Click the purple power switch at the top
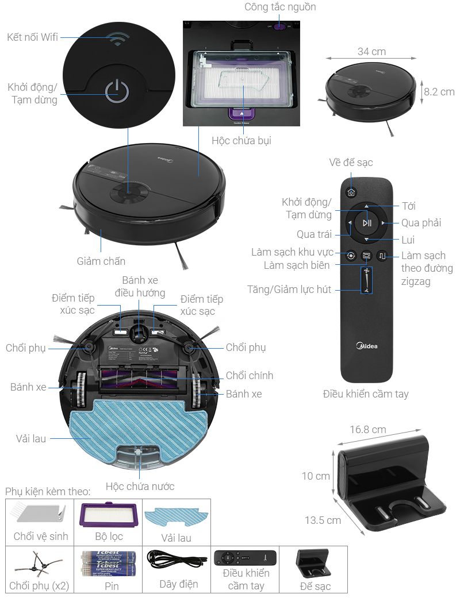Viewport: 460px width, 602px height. [x=279, y=26]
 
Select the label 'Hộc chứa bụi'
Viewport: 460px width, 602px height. [x=241, y=141]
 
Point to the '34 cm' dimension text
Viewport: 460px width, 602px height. [x=371, y=52]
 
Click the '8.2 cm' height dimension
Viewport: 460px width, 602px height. [x=439, y=92]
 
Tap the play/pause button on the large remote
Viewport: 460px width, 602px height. [x=367, y=223]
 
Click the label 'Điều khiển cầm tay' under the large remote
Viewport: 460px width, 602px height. [x=366, y=394]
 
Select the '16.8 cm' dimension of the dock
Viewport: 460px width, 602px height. [x=368, y=430]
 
